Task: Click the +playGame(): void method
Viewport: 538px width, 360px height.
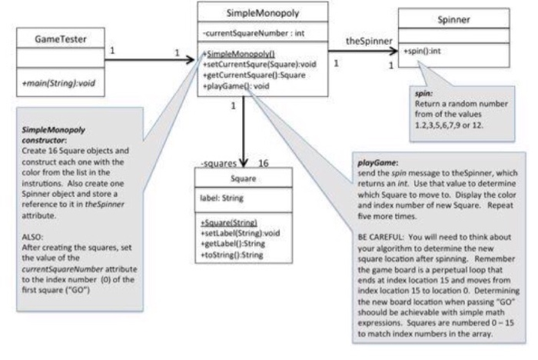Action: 234,86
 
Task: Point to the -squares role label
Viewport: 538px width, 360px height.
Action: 217,163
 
